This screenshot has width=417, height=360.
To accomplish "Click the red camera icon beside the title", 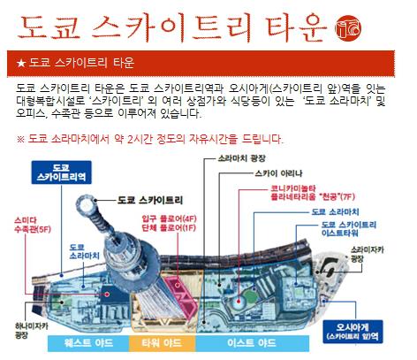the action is [x=348, y=28].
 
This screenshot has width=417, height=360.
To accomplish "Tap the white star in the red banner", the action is [x=21, y=63].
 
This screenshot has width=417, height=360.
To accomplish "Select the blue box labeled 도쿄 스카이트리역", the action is [x=61, y=172].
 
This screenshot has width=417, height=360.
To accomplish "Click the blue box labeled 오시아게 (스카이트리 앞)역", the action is [x=353, y=332].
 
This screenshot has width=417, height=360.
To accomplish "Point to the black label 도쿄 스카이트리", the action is [x=150, y=200].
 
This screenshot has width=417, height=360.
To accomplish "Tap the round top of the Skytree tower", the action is [x=87, y=204].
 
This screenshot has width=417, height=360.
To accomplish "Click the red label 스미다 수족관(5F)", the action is [x=33, y=225].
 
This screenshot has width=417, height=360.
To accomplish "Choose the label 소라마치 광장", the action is [x=241, y=158].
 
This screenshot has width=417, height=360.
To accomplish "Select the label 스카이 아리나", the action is [x=278, y=173].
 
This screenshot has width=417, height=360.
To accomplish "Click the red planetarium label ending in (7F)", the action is [x=313, y=193].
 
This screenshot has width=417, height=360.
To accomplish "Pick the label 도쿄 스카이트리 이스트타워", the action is [x=349, y=229].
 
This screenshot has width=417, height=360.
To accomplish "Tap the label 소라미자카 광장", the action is [x=367, y=255].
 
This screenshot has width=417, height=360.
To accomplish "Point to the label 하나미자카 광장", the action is [x=32, y=330].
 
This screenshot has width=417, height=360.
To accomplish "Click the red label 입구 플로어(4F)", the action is [x=169, y=219].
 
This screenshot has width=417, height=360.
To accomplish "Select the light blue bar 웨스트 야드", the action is [x=88, y=343].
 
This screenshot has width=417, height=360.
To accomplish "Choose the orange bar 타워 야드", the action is [x=162, y=343].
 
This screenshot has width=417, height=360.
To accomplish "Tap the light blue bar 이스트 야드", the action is [x=252, y=343].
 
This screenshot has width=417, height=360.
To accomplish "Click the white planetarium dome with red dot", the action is [x=239, y=302].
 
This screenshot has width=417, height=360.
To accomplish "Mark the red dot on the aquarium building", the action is [x=107, y=294].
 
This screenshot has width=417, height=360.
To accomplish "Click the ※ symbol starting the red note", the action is [x=20, y=139].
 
